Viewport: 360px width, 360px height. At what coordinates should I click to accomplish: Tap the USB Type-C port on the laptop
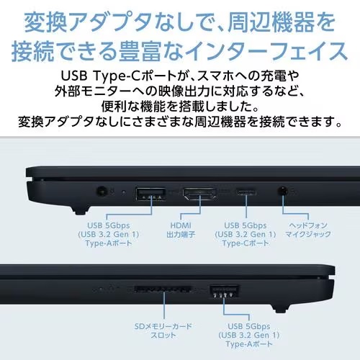click(x=246, y=193)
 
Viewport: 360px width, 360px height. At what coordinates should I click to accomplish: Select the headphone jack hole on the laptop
click(x=282, y=192)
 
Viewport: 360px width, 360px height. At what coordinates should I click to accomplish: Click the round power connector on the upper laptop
click(x=102, y=192)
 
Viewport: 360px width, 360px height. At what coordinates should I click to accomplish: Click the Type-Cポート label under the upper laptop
click(x=245, y=243)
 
